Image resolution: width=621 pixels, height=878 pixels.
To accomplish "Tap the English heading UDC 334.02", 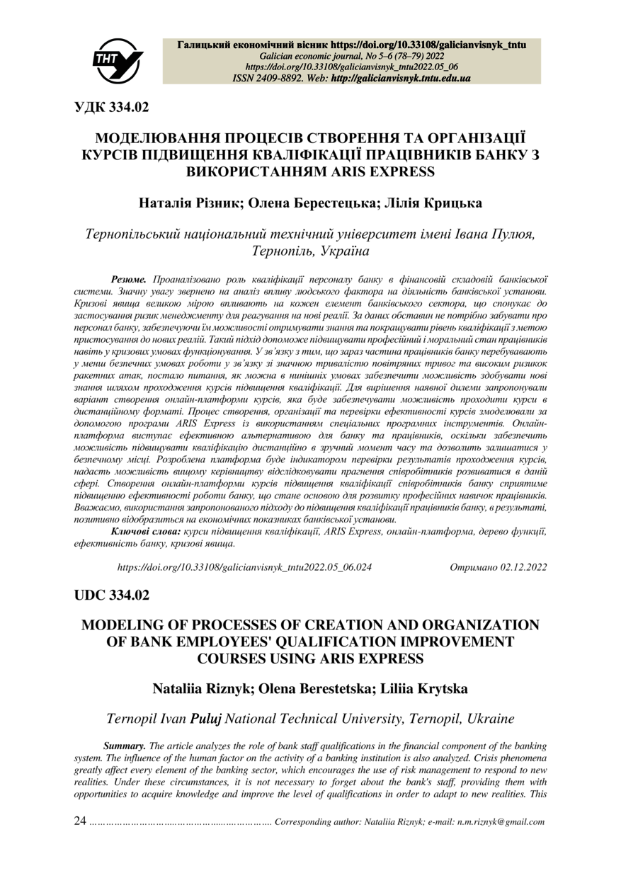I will click(113, 595).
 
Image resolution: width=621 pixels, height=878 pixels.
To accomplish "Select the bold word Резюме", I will click(129, 281).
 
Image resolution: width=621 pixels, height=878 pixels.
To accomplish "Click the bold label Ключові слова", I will click(146, 531).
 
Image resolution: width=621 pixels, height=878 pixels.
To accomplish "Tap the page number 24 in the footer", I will click(81, 822).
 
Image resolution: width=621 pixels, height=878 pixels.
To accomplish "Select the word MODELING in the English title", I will click(122, 625).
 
